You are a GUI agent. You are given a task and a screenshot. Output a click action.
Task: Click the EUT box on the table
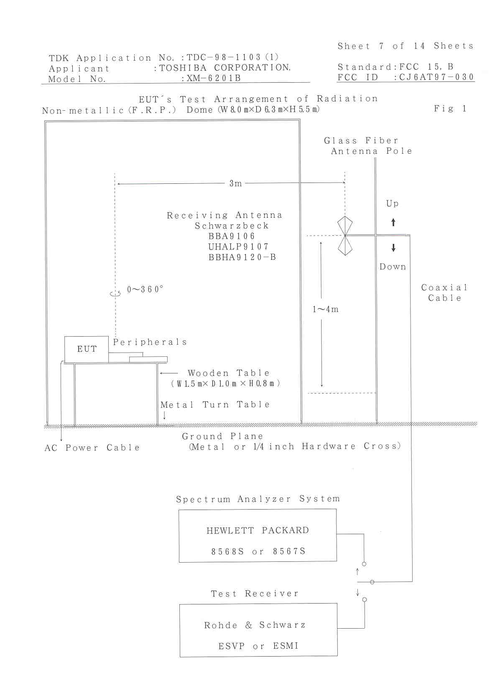click(x=87, y=349)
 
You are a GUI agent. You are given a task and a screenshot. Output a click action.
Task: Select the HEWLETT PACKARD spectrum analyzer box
click(x=258, y=535)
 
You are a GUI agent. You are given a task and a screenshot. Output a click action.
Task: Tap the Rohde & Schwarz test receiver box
click(x=258, y=630)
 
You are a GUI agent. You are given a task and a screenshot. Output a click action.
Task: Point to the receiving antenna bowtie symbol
click(x=345, y=236)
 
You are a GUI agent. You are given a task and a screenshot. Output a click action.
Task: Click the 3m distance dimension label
click(x=235, y=183)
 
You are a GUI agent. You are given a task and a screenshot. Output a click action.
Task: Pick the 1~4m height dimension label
click(x=326, y=310)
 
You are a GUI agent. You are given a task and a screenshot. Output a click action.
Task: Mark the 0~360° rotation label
click(x=145, y=289)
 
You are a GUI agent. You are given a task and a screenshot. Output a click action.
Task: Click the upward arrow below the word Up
click(x=393, y=222)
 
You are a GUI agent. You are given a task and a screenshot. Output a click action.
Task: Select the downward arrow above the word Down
click(x=393, y=248)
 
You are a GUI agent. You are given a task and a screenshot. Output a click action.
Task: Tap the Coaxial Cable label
click(x=444, y=292)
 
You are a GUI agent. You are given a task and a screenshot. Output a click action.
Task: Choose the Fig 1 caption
click(x=450, y=109)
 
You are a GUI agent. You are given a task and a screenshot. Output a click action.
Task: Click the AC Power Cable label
click(x=92, y=448)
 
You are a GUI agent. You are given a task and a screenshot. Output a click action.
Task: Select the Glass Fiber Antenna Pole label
click(x=368, y=146)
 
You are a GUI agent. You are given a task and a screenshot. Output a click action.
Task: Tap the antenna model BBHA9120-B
click(x=242, y=257)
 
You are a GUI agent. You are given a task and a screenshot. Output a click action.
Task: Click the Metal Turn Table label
click(x=215, y=404)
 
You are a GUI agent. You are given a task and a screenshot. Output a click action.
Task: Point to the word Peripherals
click(x=150, y=342)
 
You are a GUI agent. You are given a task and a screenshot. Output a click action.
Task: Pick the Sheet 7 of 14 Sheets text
click(x=405, y=46)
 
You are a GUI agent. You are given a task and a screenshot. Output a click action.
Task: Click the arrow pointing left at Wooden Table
click(x=169, y=373)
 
